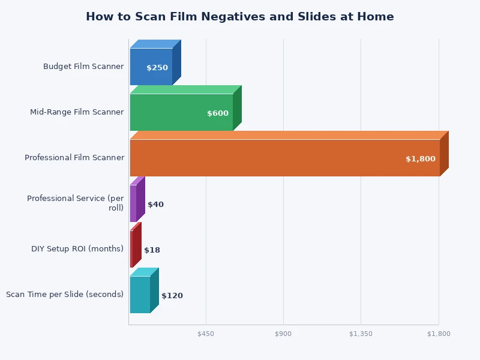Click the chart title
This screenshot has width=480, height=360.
tap(240, 17)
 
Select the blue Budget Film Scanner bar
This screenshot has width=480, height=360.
tap(151, 67)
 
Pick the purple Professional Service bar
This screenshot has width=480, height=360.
tap(133, 203)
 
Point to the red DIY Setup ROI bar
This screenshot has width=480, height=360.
tap(131, 249)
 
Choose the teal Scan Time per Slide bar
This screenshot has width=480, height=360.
tap(140, 295)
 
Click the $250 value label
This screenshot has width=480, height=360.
tap(157, 68)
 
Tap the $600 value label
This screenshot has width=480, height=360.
tap(218, 113)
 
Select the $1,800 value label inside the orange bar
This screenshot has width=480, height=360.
tap(421, 159)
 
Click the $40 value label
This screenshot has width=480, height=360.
tap(155, 205)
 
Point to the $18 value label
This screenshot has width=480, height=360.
tap(152, 250)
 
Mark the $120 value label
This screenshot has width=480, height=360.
tap(172, 296)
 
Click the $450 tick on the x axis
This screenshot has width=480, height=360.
tap(206, 334)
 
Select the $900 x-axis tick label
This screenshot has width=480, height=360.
tap(283, 334)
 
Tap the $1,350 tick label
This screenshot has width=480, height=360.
tap(361, 334)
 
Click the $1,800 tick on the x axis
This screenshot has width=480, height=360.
tap(439, 334)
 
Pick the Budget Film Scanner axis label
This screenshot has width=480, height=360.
tap(83, 67)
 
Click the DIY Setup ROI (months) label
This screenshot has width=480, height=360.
tap(77, 249)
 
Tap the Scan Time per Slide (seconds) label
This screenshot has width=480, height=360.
tap(65, 295)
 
